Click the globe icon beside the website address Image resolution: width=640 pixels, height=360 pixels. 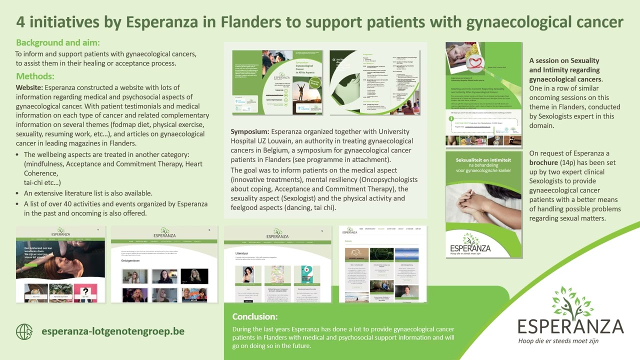24,331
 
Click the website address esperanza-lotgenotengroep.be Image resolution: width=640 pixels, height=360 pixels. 113,331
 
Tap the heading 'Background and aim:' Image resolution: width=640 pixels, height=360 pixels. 58,42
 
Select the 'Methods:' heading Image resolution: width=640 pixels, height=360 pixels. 35,76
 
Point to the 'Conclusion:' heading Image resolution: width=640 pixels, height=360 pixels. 255,316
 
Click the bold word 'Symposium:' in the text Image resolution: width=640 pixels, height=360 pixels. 250,131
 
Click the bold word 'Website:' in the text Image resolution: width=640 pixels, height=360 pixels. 29,87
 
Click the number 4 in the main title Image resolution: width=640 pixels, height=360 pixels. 21,22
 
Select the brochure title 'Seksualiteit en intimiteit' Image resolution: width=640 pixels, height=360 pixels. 483,160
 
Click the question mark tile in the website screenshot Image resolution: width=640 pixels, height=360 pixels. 86,291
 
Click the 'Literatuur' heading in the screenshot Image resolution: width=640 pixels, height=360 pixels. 242,253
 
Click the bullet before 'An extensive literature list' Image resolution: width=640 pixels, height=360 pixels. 18,193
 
